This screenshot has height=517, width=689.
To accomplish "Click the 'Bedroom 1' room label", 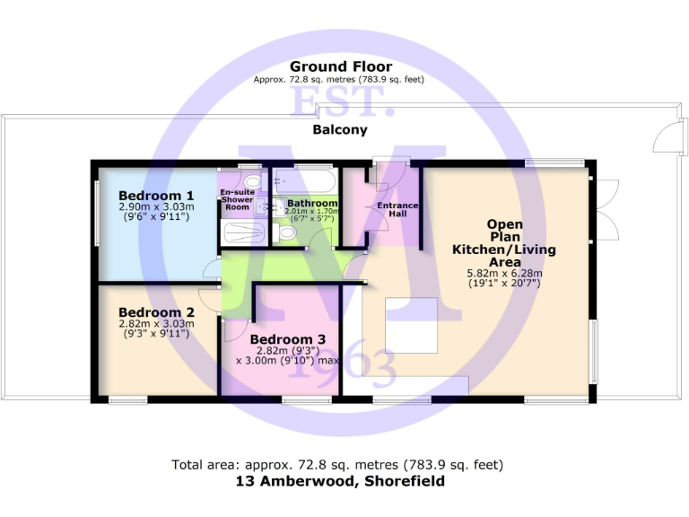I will (156, 196).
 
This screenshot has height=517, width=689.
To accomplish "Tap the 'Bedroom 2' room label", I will (156, 313).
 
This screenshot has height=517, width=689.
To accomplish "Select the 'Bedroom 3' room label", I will (287, 339).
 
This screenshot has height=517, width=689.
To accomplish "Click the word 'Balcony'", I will (340, 130).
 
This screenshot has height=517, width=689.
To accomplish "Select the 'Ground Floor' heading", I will (339, 66).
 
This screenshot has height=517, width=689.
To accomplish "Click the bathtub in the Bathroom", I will (305, 180).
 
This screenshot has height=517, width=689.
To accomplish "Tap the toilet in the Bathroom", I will (287, 232).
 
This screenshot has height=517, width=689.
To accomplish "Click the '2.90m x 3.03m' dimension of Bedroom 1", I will (156, 206).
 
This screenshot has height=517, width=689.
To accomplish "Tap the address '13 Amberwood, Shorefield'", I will (339, 481).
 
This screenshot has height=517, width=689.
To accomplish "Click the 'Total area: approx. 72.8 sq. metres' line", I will (337, 465).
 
